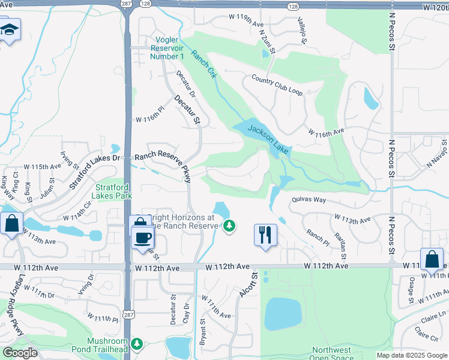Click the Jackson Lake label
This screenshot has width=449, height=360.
click(269, 139)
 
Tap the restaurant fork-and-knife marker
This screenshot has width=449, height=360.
click(265, 233)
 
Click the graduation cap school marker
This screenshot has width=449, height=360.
click(10, 31)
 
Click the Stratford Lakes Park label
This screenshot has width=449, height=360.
click(113, 191)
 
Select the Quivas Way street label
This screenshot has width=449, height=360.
click(309, 199)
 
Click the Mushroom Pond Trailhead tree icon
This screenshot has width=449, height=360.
click(137, 343)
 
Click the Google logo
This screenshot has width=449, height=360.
click(20, 353)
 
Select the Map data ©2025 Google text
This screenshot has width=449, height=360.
click(412, 355)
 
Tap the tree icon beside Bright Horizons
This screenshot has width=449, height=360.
click(228, 226)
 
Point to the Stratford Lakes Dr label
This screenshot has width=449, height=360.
click(95, 170)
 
